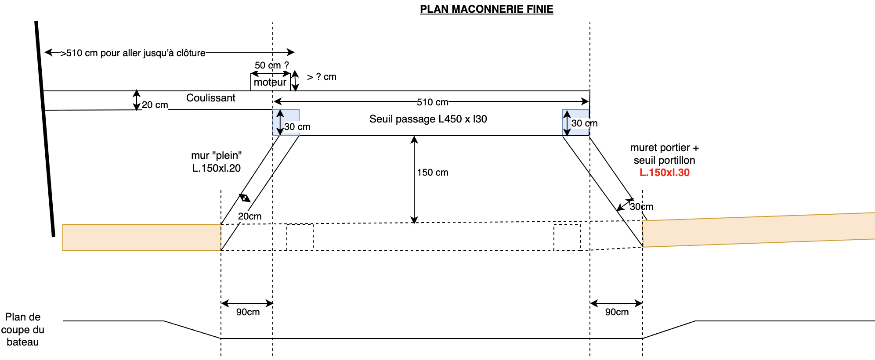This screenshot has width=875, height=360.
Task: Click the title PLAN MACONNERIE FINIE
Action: tap(486, 9)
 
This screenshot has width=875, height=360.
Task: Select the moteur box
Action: tap(270, 83)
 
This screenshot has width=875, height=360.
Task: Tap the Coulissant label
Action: tap(210, 98)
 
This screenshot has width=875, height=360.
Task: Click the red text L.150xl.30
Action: tap(664, 173)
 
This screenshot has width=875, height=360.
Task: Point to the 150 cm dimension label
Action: tap(433, 173)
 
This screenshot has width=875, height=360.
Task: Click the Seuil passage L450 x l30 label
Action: tap(428, 119)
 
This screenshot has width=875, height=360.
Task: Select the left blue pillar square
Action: tap(286, 122)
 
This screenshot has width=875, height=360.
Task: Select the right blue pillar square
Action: tap(576, 122)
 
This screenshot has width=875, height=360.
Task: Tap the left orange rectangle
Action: tap(141, 238)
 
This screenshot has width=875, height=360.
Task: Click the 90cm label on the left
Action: tap(248, 312)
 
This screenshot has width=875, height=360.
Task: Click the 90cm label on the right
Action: tap(617, 312)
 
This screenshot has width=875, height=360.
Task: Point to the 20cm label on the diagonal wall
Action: tap(249, 216)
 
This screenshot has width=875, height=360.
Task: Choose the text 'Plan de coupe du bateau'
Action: tap(23, 329)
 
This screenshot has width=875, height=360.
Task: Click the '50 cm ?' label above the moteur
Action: tap(271, 65)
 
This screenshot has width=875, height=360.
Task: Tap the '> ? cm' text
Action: tap(322, 77)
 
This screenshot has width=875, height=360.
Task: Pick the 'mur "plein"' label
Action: tap(216, 155)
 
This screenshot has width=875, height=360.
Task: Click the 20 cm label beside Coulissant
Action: tap(155, 105)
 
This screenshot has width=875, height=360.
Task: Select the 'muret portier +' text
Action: tap(664, 148)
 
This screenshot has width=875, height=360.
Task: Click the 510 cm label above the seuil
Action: tap(432, 102)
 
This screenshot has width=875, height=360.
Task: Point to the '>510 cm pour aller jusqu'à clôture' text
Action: tap(133, 53)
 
